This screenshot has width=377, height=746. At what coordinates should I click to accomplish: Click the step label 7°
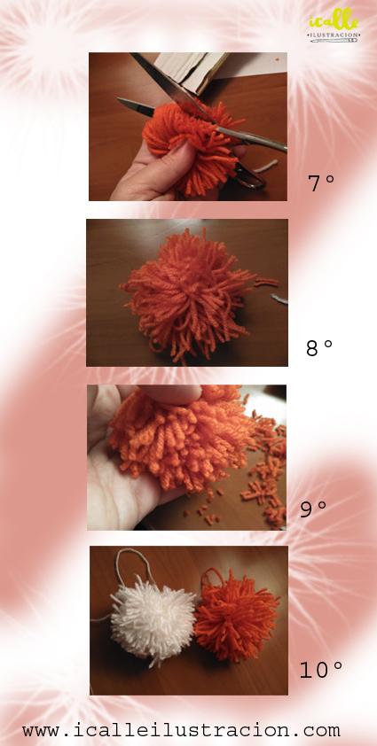pyautogui.click(x=321, y=183)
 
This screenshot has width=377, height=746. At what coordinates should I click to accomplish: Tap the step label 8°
pyautogui.click(x=319, y=348)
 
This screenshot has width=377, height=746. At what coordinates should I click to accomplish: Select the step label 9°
pyautogui.click(x=313, y=509)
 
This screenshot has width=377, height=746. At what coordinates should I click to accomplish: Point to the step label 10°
pyautogui.click(x=321, y=670)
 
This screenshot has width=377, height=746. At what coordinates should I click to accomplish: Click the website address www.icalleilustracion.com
pyautogui.click(x=181, y=730)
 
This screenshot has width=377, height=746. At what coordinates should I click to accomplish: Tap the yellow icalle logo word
pyautogui.click(x=334, y=20)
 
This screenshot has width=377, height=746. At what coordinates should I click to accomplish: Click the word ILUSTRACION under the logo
pyautogui.click(x=334, y=35)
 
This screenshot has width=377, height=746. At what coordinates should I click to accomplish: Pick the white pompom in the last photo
pyautogui.click(x=153, y=618)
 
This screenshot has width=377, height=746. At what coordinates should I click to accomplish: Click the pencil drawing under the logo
pyautogui.click(x=334, y=41)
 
